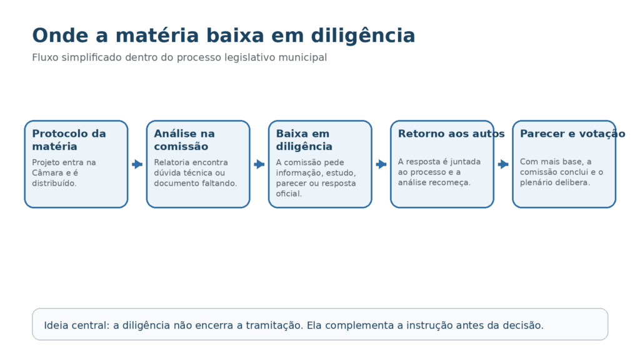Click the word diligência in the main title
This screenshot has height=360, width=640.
[x=363, y=36]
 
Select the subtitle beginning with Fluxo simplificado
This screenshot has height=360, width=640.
[x=179, y=57]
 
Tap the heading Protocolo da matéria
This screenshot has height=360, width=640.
[x=69, y=140]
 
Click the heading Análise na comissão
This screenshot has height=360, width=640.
[x=184, y=140]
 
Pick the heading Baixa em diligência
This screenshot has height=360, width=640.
[x=304, y=140]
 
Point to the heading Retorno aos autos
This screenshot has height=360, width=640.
[x=451, y=134]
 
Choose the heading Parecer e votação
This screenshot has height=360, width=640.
[x=572, y=134]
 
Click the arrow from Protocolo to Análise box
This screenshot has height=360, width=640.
[x=137, y=164]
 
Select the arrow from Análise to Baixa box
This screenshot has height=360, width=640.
[x=259, y=164]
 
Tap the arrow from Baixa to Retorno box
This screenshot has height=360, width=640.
[x=381, y=164]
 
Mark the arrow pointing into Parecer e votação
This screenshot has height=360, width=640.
[x=503, y=164]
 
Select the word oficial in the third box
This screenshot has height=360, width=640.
[x=289, y=194]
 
